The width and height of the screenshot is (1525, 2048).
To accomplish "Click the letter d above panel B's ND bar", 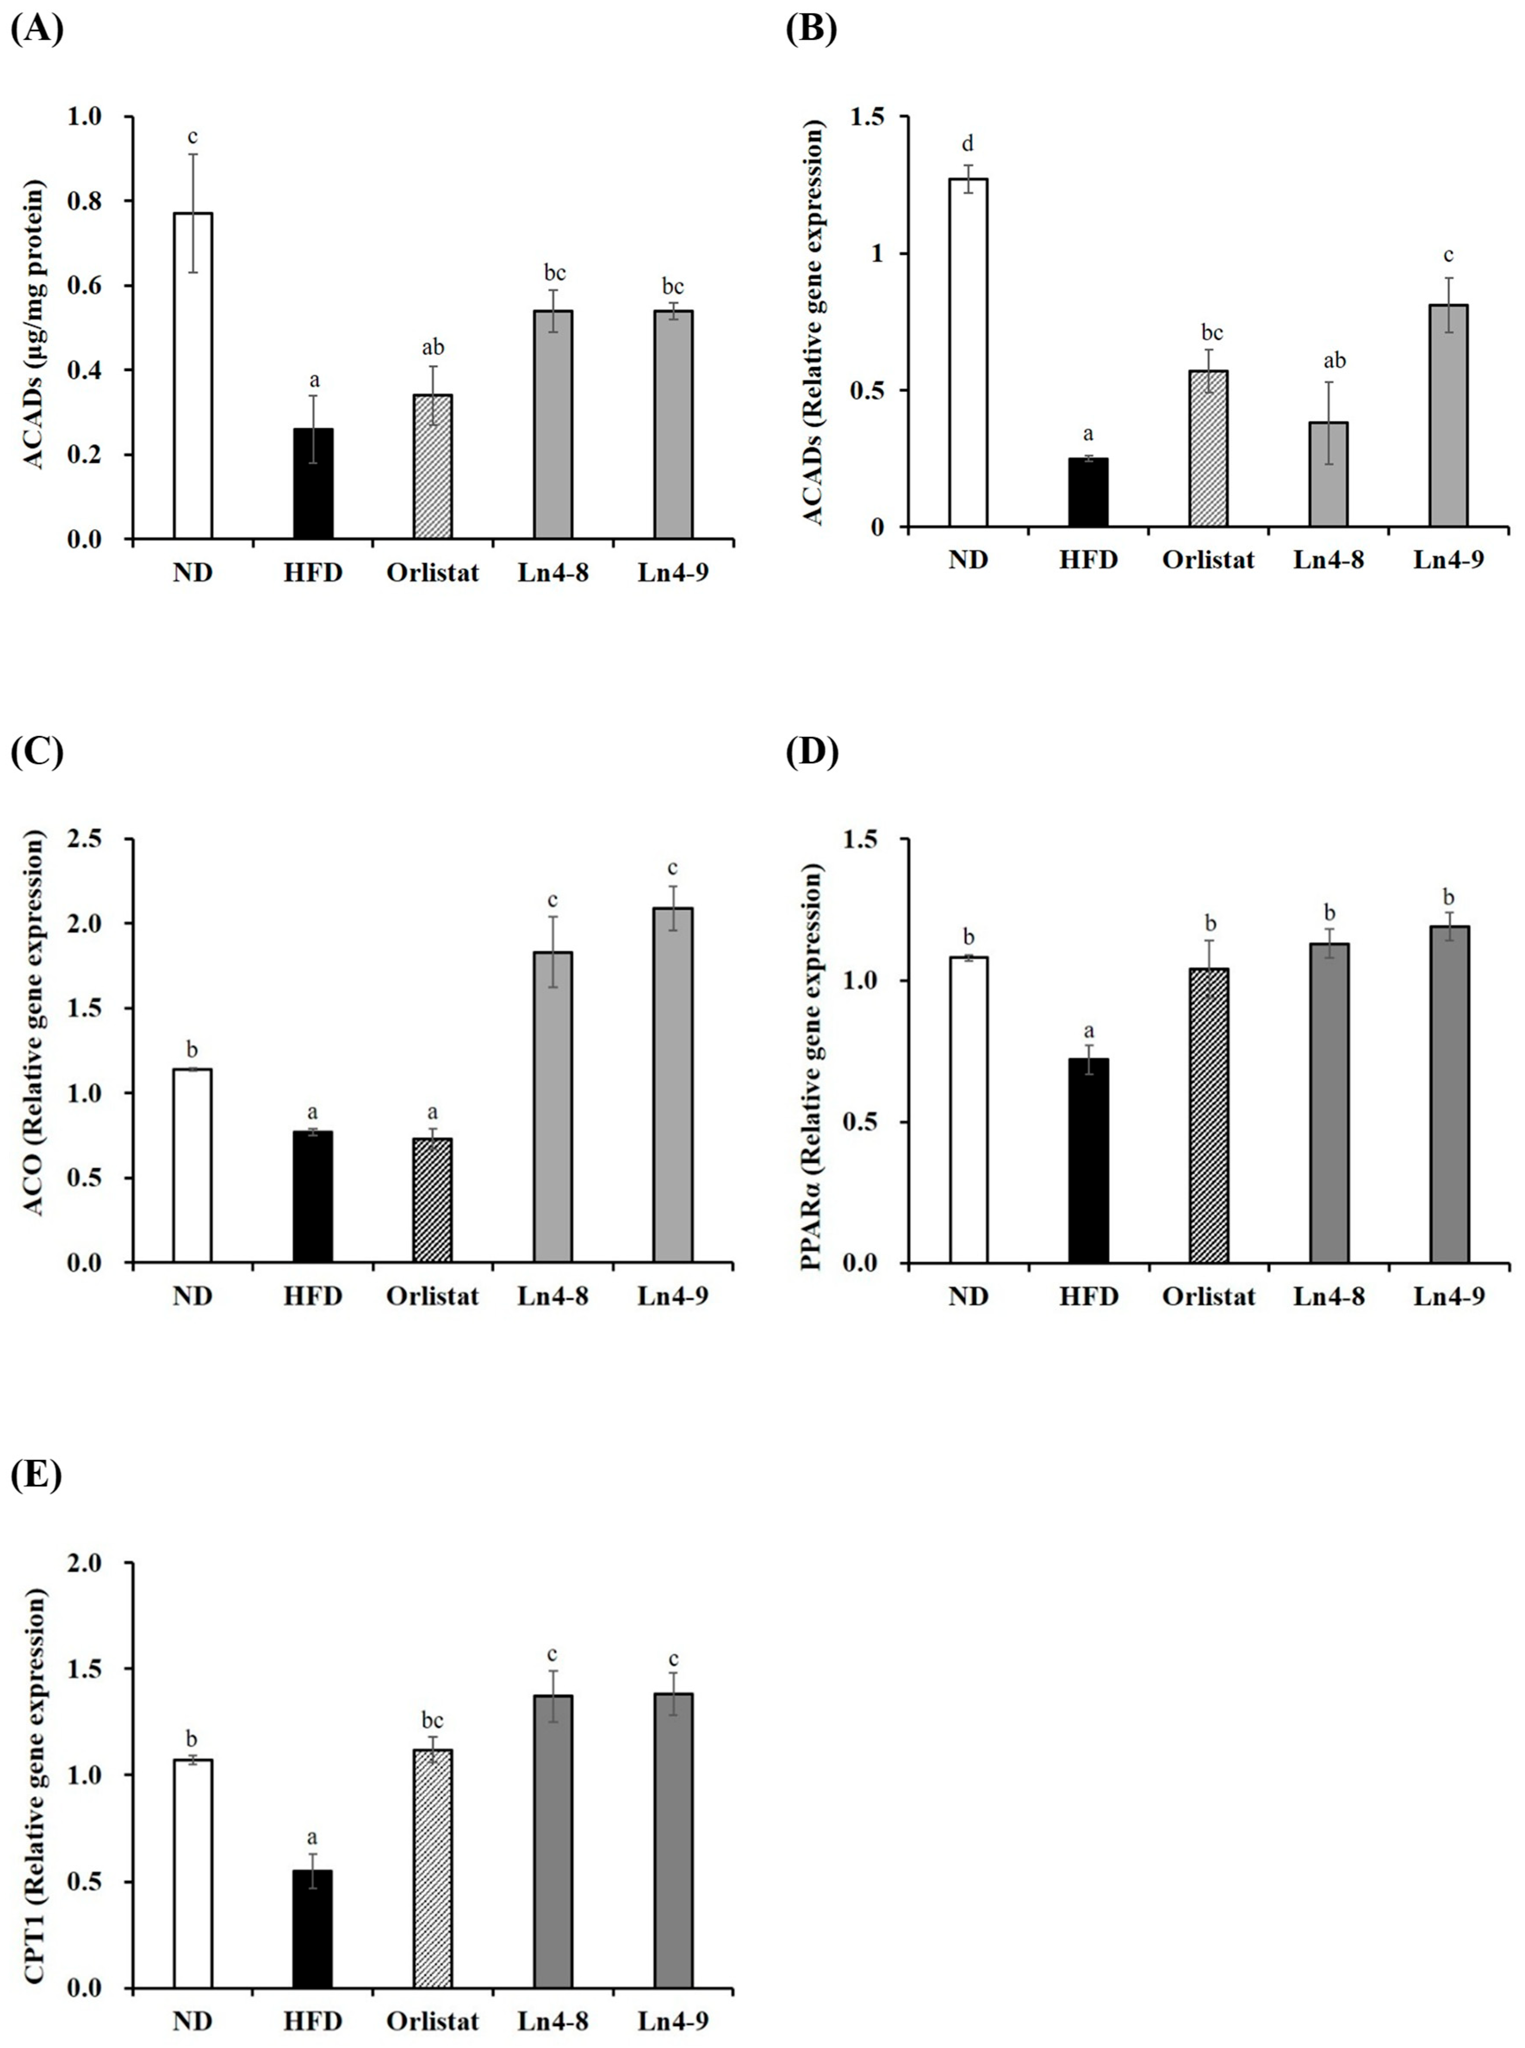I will tap(967, 144).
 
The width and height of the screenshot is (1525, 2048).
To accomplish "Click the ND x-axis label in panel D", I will tap(967, 1297).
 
